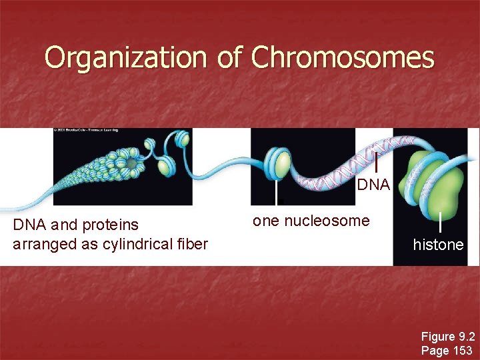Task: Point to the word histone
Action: point(438,245)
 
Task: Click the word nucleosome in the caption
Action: point(327,221)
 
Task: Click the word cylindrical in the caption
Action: point(137,244)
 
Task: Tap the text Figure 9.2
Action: point(447,337)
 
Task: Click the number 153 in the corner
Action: point(461,350)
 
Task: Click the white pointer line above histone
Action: point(441,221)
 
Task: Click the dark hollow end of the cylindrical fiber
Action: point(132,163)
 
